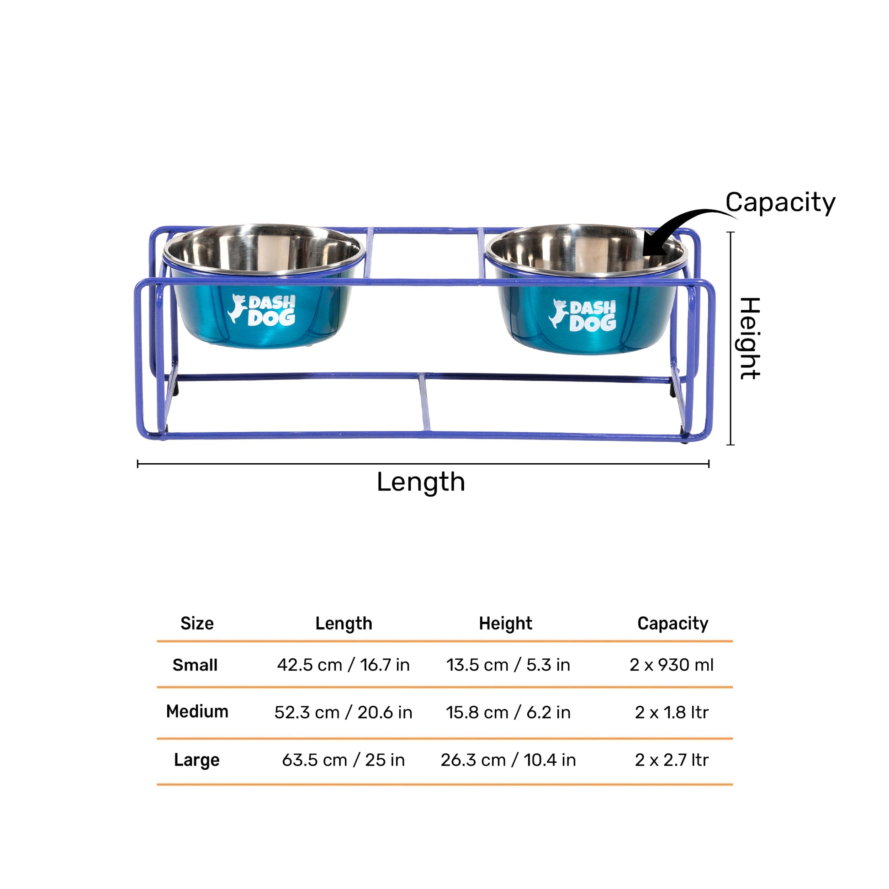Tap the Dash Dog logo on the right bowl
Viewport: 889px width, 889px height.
pos(582,315)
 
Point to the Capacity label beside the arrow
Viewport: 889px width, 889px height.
pos(780,202)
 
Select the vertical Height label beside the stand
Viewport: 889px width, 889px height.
pos(749,338)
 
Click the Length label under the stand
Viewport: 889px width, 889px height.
pos(421,482)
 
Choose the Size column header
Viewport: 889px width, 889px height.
pos(197,624)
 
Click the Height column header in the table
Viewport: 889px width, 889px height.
pos(505,624)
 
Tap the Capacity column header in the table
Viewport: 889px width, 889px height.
pos(672,624)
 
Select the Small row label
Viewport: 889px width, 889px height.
pos(195,665)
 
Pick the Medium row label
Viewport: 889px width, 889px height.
pos(197,711)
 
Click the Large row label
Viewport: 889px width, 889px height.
pos(196,760)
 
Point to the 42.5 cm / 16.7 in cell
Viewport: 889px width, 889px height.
pos(343,665)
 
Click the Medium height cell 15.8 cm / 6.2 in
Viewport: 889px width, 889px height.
pos(508,712)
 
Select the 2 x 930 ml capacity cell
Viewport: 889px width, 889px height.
pos(672,665)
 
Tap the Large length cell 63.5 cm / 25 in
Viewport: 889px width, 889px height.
pos(343,760)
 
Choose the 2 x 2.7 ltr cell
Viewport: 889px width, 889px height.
pos(672,760)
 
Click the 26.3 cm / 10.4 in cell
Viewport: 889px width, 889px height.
pos(508,760)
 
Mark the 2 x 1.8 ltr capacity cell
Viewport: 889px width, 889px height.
pos(672,712)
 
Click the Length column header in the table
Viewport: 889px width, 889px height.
pos(343,624)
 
